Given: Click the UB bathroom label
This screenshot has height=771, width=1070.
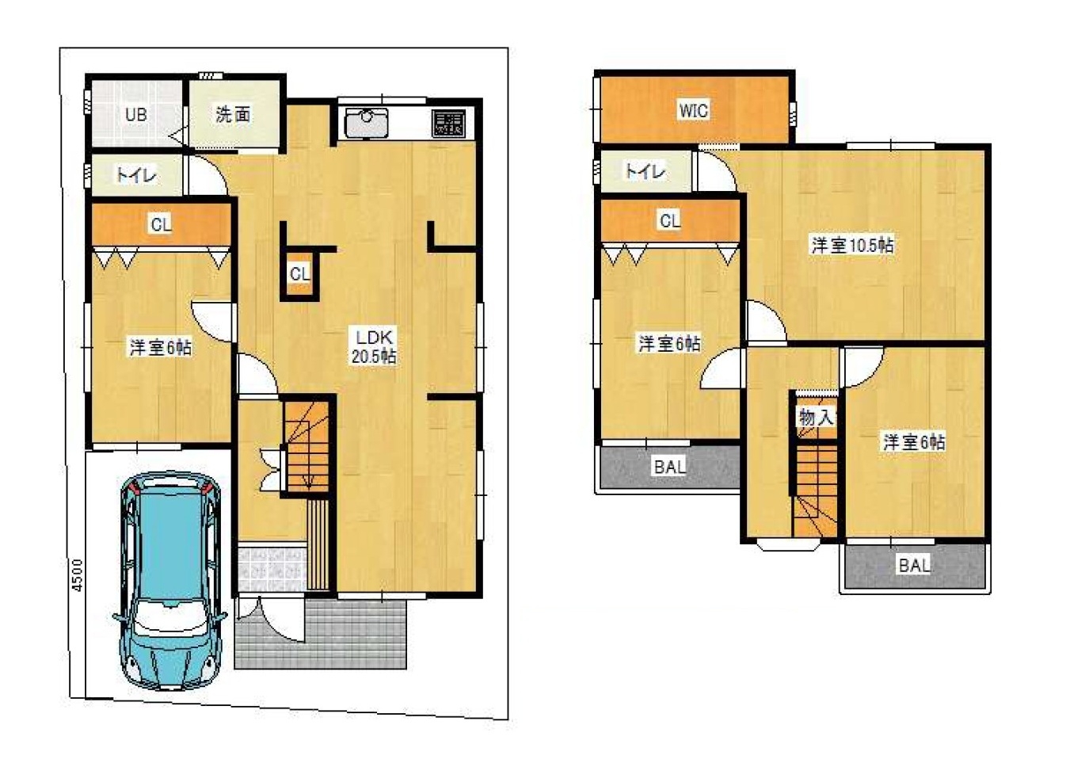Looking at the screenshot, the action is (136, 115).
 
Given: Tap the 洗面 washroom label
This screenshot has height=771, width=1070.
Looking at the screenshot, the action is (233, 115).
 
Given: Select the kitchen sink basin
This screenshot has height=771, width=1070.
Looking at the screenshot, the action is (366, 122).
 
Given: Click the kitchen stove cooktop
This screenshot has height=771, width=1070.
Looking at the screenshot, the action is (448, 124).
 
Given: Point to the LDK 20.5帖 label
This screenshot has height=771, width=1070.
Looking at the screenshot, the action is (374, 346).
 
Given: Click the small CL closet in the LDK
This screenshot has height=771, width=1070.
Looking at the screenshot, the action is (299, 274).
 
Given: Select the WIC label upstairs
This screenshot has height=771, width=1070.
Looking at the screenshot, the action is (694, 110).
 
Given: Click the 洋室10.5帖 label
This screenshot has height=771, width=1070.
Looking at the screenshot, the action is (852, 246).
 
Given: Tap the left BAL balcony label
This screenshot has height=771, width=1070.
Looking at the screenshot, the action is (670, 467).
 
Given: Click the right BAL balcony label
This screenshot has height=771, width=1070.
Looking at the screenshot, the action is (915, 566).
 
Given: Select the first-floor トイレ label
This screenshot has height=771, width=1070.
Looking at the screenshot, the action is (136, 176).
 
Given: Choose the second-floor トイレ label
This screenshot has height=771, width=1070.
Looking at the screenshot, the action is (645, 171).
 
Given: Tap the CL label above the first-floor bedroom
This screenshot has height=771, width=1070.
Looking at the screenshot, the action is (161, 225).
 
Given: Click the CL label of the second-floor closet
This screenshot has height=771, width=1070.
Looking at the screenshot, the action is (670, 221).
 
